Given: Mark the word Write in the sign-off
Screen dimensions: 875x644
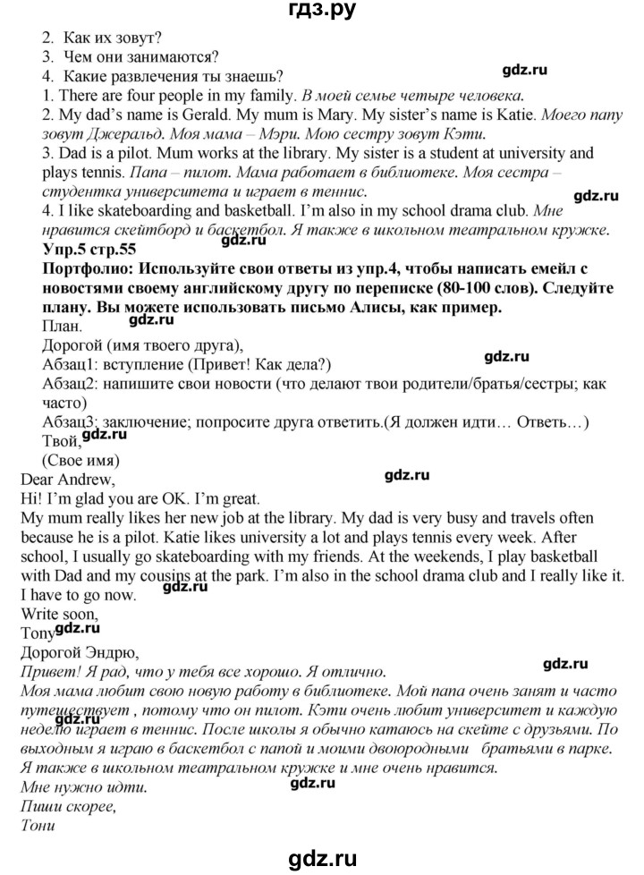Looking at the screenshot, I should (x=38, y=614).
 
